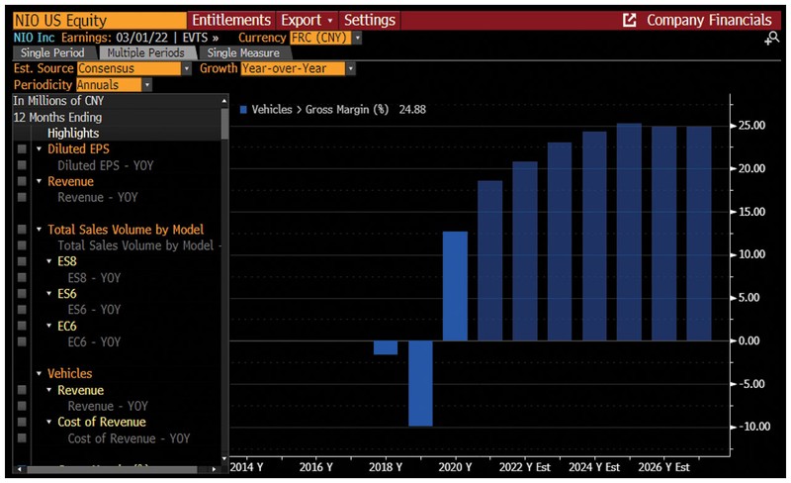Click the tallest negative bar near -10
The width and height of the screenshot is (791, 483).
[x=420, y=383]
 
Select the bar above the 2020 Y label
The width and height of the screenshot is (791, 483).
[x=455, y=286]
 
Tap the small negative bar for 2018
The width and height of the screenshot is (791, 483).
[x=385, y=347]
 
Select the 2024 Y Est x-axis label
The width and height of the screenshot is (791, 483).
[x=595, y=466]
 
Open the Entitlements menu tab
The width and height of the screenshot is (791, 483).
[x=230, y=20]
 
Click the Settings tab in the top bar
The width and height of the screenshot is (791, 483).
[x=369, y=20]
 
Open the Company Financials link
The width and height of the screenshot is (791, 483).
[x=708, y=20]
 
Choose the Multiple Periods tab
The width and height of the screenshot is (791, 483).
[x=145, y=52]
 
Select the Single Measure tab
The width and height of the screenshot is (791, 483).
[x=243, y=52]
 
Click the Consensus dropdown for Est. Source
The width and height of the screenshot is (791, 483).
[x=133, y=68]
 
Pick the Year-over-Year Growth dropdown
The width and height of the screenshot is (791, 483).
[x=298, y=68]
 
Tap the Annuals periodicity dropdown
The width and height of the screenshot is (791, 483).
[x=115, y=85]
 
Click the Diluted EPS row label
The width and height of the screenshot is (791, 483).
[x=78, y=148]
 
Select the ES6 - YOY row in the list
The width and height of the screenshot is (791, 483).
[x=89, y=309]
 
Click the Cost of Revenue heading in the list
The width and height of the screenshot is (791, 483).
[x=101, y=422]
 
